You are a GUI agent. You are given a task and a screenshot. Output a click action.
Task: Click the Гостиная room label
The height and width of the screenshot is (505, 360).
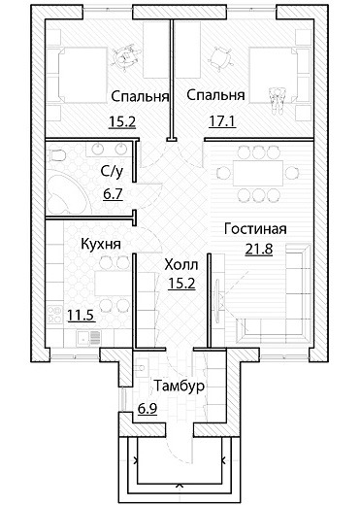(x=255, y=229)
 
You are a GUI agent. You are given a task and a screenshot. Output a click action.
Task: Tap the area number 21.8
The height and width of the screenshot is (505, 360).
(x=259, y=250)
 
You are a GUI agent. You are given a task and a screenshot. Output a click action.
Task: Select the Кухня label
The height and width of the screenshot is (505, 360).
(x=101, y=244)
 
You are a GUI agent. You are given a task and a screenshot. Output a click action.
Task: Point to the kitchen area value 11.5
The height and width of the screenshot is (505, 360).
(x=81, y=315)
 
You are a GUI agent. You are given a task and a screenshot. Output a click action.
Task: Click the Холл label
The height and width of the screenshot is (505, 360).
(x=181, y=265)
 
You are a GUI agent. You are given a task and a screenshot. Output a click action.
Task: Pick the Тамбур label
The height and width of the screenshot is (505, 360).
(x=180, y=386)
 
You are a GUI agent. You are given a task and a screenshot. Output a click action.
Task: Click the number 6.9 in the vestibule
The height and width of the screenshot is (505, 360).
(x=147, y=409)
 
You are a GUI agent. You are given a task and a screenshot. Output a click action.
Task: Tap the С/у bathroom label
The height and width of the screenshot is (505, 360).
(x=112, y=171)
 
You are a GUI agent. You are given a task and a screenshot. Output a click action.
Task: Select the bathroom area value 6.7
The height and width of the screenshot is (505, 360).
(x=113, y=194)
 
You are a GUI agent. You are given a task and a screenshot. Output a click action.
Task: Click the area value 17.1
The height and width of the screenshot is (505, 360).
(x=222, y=121)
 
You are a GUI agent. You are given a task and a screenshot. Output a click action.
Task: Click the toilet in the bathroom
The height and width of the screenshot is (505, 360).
(x=56, y=155)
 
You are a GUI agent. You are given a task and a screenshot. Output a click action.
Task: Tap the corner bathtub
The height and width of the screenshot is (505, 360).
(x=66, y=195)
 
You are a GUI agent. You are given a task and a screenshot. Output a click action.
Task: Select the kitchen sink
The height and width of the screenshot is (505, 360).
(x=88, y=338)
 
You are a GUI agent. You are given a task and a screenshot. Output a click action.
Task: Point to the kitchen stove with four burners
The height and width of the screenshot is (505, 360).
(x=54, y=314)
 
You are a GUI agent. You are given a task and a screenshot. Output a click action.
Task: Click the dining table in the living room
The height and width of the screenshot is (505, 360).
(x=258, y=173)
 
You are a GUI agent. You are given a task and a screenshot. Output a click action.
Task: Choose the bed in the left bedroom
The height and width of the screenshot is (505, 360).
(x=77, y=76)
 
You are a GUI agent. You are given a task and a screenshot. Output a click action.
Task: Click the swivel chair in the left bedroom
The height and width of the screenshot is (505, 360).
(x=126, y=56)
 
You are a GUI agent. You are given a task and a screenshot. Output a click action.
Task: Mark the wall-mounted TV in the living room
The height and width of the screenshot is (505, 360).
(x=217, y=295)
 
